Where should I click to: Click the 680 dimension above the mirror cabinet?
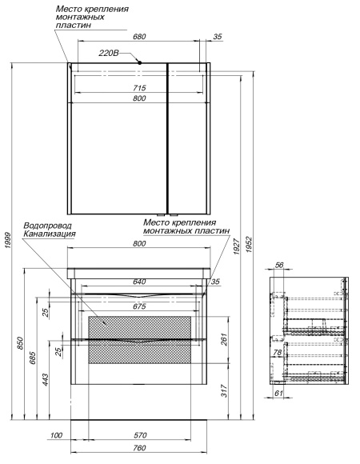(x=139, y=37)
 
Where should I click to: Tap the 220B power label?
(x=109, y=54)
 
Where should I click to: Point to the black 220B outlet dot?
(x=140, y=62)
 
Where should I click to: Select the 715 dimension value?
(x=139, y=88)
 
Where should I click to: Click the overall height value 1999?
(x=8, y=240)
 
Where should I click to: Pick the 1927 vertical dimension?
(x=236, y=246)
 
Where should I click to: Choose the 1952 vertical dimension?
(x=250, y=244)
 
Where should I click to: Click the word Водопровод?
(x=47, y=226)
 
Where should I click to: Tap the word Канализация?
(x=50, y=234)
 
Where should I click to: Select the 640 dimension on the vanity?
(x=139, y=282)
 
